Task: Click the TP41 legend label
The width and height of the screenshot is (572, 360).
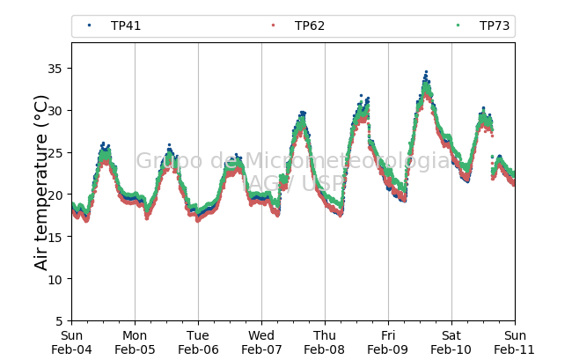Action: pyautogui.click(x=126, y=26)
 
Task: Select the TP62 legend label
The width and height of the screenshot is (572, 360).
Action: pyautogui.click(x=310, y=26)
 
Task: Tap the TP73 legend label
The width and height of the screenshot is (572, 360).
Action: pyautogui.click(x=495, y=26)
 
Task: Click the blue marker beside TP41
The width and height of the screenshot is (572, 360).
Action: pyautogui.click(x=89, y=26)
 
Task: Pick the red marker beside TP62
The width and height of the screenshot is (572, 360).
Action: pyautogui.click(x=273, y=26)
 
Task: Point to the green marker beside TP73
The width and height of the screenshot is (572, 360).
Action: pyautogui.click(x=458, y=26)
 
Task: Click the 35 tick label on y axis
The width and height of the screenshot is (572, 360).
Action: pyautogui.click(x=55, y=69)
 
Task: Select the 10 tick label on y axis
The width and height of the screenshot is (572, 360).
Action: pyautogui.click(x=55, y=279)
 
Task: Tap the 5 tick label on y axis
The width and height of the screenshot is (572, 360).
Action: pyautogui.click(x=59, y=321)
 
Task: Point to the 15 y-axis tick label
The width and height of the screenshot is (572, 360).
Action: pyautogui.click(x=55, y=237)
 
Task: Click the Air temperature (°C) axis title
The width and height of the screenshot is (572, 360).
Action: pyautogui.click(x=40, y=182)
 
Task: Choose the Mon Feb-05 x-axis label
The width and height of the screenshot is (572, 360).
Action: pyautogui.click(x=135, y=342)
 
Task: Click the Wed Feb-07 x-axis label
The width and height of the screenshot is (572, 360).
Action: pyautogui.click(x=261, y=342)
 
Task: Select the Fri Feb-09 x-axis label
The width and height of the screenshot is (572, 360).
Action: pyautogui.click(x=388, y=342)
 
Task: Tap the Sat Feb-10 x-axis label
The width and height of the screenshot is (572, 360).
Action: pyautogui.click(x=451, y=342)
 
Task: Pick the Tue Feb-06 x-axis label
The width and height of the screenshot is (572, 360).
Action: pyautogui.click(x=198, y=342)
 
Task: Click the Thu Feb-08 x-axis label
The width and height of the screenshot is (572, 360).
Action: pyautogui.click(x=325, y=342)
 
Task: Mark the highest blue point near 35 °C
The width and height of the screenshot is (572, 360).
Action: pyautogui.click(x=426, y=72)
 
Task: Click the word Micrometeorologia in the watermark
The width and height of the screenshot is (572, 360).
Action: pyautogui.click(x=348, y=160)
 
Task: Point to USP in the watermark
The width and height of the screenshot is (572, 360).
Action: pyautogui.click(x=323, y=183)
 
